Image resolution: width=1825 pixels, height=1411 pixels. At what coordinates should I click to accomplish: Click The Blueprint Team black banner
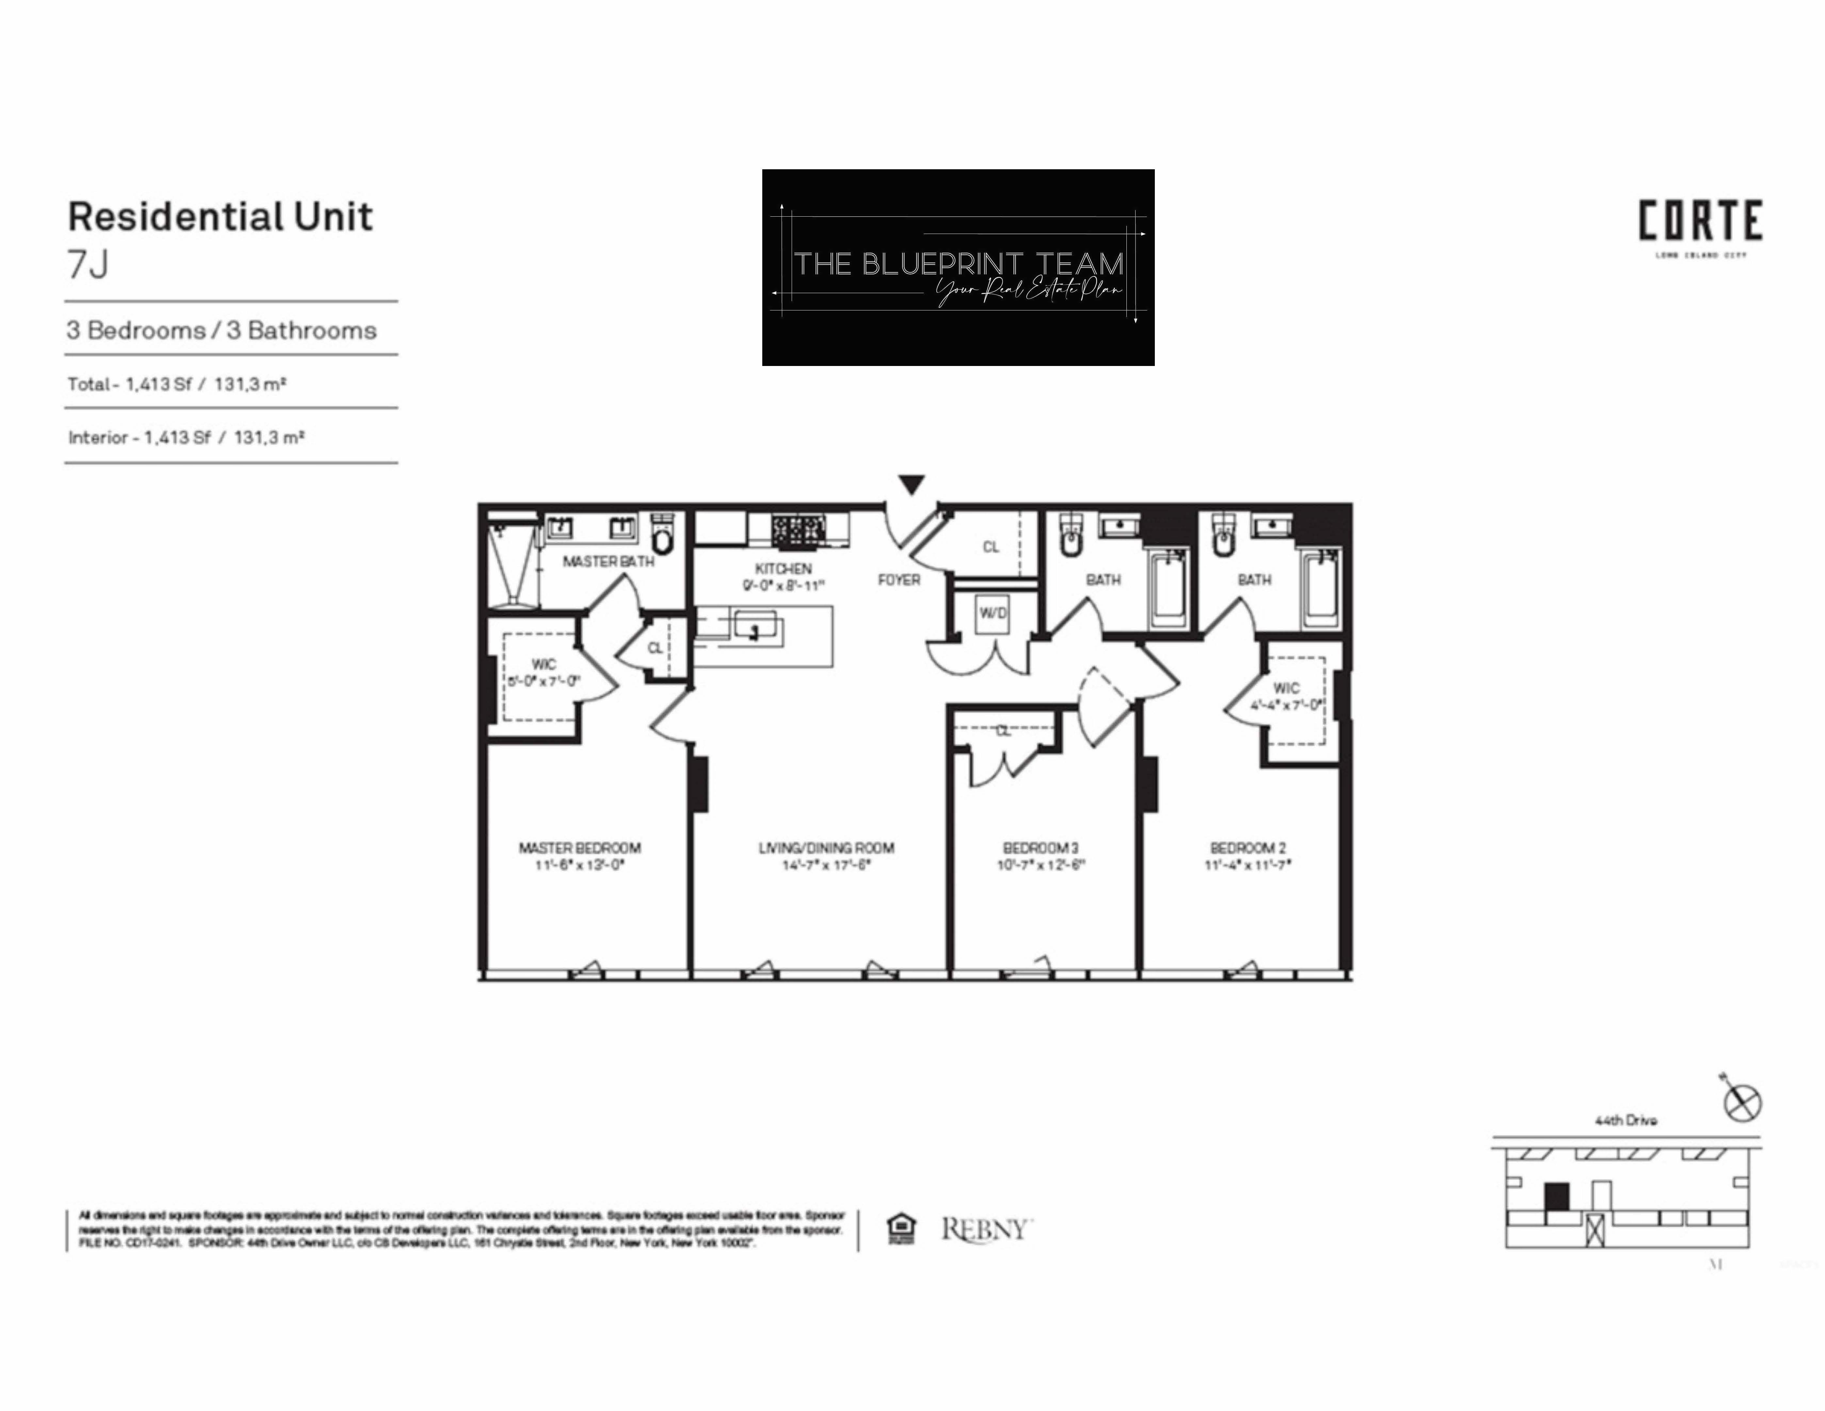958,268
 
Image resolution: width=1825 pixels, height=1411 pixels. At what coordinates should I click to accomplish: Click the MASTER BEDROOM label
580,848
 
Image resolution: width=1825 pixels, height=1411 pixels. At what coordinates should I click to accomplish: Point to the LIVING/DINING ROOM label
826,848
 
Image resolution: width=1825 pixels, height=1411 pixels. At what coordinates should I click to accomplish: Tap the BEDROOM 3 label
1040,848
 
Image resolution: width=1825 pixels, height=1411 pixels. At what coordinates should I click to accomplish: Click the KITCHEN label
783,568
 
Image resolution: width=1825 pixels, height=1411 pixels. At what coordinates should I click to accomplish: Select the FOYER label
899,579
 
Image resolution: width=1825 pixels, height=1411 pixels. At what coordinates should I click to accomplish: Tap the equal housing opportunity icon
900,1229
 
